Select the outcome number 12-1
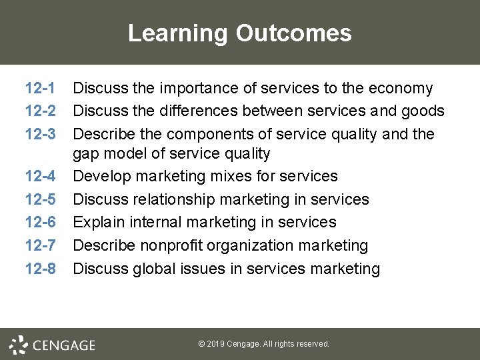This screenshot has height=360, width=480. (39, 88)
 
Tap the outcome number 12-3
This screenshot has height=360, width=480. (39, 133)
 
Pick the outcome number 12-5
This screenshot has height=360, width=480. (39, 199)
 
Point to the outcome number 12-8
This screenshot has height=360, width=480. (39, 269)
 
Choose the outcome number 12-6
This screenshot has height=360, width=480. (39, 222)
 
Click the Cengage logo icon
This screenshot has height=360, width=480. (18, 344)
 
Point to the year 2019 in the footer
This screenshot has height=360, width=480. (216, 344)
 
